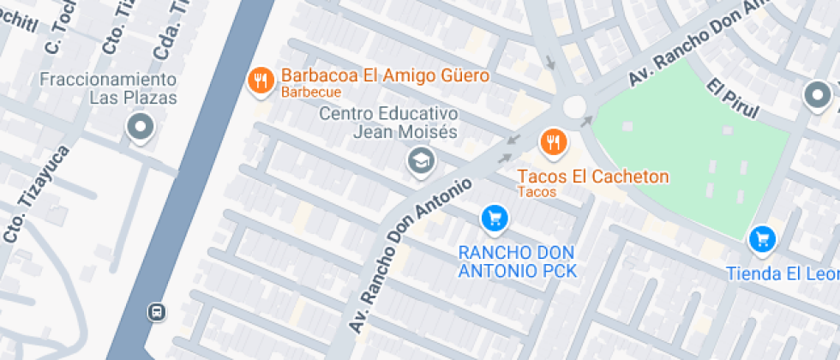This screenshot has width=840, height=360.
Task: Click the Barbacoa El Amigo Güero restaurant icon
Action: (x=260, y=81)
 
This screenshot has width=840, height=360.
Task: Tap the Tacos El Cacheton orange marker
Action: (x=553, y=141)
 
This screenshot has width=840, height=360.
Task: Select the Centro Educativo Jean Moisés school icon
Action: (x=420, y=160)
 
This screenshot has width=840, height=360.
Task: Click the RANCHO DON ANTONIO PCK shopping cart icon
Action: (x=493, y=219)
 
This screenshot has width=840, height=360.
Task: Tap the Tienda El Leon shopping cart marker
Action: (x=761, y=239)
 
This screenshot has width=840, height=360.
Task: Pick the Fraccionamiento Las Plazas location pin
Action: (x=139, y=129)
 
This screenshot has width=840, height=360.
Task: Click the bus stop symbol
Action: (x=156, y=310)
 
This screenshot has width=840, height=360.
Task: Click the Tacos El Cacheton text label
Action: (x=592, y=177)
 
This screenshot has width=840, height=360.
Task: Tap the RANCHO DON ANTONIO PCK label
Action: (x=517, y=262)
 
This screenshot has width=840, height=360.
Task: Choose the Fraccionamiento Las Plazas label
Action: (x=108, y=88)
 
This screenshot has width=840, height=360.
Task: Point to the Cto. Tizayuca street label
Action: (x=34, y=193)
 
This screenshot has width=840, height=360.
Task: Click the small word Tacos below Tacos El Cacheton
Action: (x=537, y=192)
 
